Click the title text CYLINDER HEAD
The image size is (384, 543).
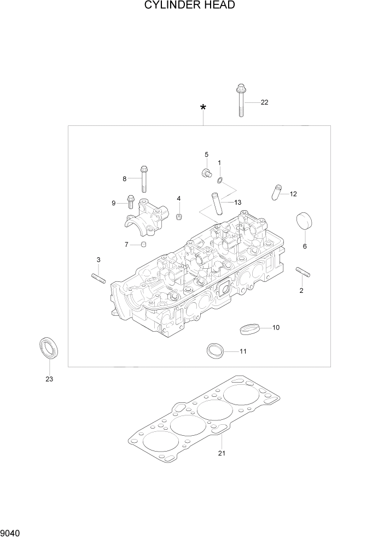point(190,5)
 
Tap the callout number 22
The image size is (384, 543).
point(264,102)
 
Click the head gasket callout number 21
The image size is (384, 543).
point(222,453)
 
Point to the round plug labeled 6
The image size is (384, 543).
point(304,222)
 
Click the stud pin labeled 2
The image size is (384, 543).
point(303,271)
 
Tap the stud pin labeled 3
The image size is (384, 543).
point(98,278)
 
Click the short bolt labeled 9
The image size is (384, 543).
point(131,202)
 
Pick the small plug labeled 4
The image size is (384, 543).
point(179,218)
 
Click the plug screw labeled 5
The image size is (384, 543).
point(207,173)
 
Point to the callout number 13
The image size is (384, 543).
point(237,203)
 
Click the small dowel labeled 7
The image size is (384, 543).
point(144,244)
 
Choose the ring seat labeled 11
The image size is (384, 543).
point(215,350)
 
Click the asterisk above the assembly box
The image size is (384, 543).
point(203,108)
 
